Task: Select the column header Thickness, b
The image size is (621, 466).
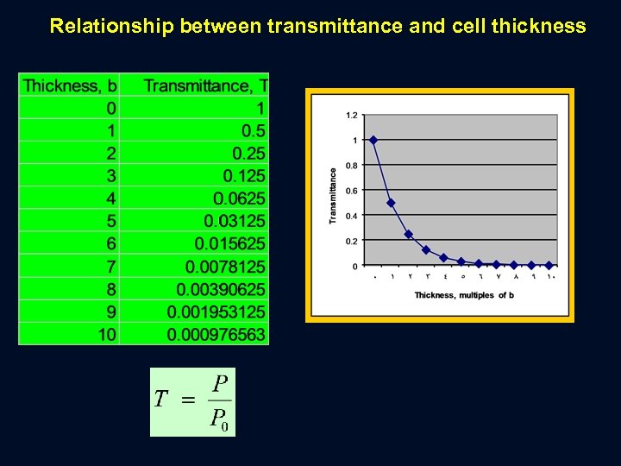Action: click(70, 85)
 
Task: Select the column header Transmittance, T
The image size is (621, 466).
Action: click(205, 85)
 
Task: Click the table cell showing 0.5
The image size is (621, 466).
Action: click(254, 131)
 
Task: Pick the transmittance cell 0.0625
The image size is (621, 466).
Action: click(240, 198)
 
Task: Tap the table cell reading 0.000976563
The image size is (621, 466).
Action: click(216, 334)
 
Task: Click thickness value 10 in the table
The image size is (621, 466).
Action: click(108, 334)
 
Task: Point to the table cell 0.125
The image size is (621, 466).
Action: click(244, 176)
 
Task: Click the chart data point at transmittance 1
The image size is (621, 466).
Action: click(373, 140)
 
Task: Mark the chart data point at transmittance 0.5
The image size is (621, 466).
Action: click(391, 203)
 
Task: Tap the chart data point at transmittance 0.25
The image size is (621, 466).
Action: click(409, 234)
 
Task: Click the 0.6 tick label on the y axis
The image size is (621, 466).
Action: click(352, 191)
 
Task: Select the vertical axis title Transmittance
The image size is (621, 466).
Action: click(333, 196)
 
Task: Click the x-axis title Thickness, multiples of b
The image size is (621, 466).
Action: click(464, 295)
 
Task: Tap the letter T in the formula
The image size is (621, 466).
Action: click(160, 400)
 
